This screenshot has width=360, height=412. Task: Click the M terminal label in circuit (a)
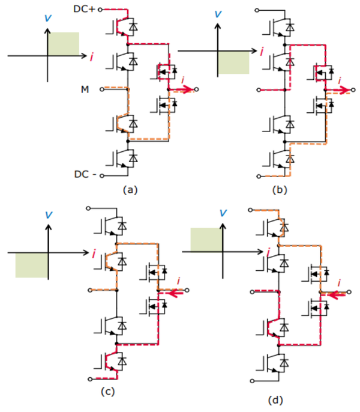pos(86,89)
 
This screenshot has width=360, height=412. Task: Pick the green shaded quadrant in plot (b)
pos(233,62)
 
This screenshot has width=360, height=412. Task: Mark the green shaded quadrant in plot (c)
pos(32,265)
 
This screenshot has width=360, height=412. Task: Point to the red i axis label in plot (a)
pos(91,57)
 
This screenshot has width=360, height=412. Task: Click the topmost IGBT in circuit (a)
pos(125,26)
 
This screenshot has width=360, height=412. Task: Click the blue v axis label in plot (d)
pos(223,213)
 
